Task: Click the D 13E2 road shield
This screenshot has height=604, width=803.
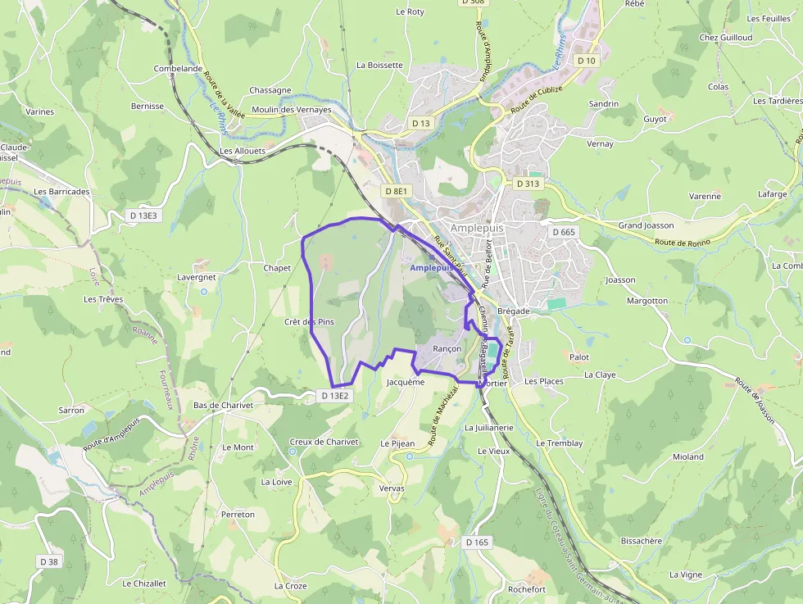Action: (335, 396)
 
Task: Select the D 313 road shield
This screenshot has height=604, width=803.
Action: (528, 184)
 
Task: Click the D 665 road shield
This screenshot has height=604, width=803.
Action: (564, 232)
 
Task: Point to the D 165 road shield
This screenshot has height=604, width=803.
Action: (477, 543)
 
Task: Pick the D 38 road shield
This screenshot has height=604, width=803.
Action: (48, 561)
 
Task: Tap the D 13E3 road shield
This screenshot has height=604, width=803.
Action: (143, 215)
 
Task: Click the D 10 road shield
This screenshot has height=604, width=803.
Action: (586, 61)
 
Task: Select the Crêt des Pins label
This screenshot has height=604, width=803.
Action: (310, 322)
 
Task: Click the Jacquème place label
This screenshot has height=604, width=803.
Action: (405, 382)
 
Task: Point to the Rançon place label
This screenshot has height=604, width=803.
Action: (447, 348)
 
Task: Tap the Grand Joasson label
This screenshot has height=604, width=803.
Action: (646, 225)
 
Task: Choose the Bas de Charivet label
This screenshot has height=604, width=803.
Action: (223, 405)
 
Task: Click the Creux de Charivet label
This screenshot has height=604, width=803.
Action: (324, 442)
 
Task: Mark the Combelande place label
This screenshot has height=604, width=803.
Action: (178, 69)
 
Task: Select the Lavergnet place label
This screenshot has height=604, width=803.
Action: (197, 277)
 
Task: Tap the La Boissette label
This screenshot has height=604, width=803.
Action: (379, 65)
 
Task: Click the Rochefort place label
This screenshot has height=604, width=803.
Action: (526, 589)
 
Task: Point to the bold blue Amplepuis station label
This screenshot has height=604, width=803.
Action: (431, 268)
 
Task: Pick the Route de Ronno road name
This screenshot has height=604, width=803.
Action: (682, 242)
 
